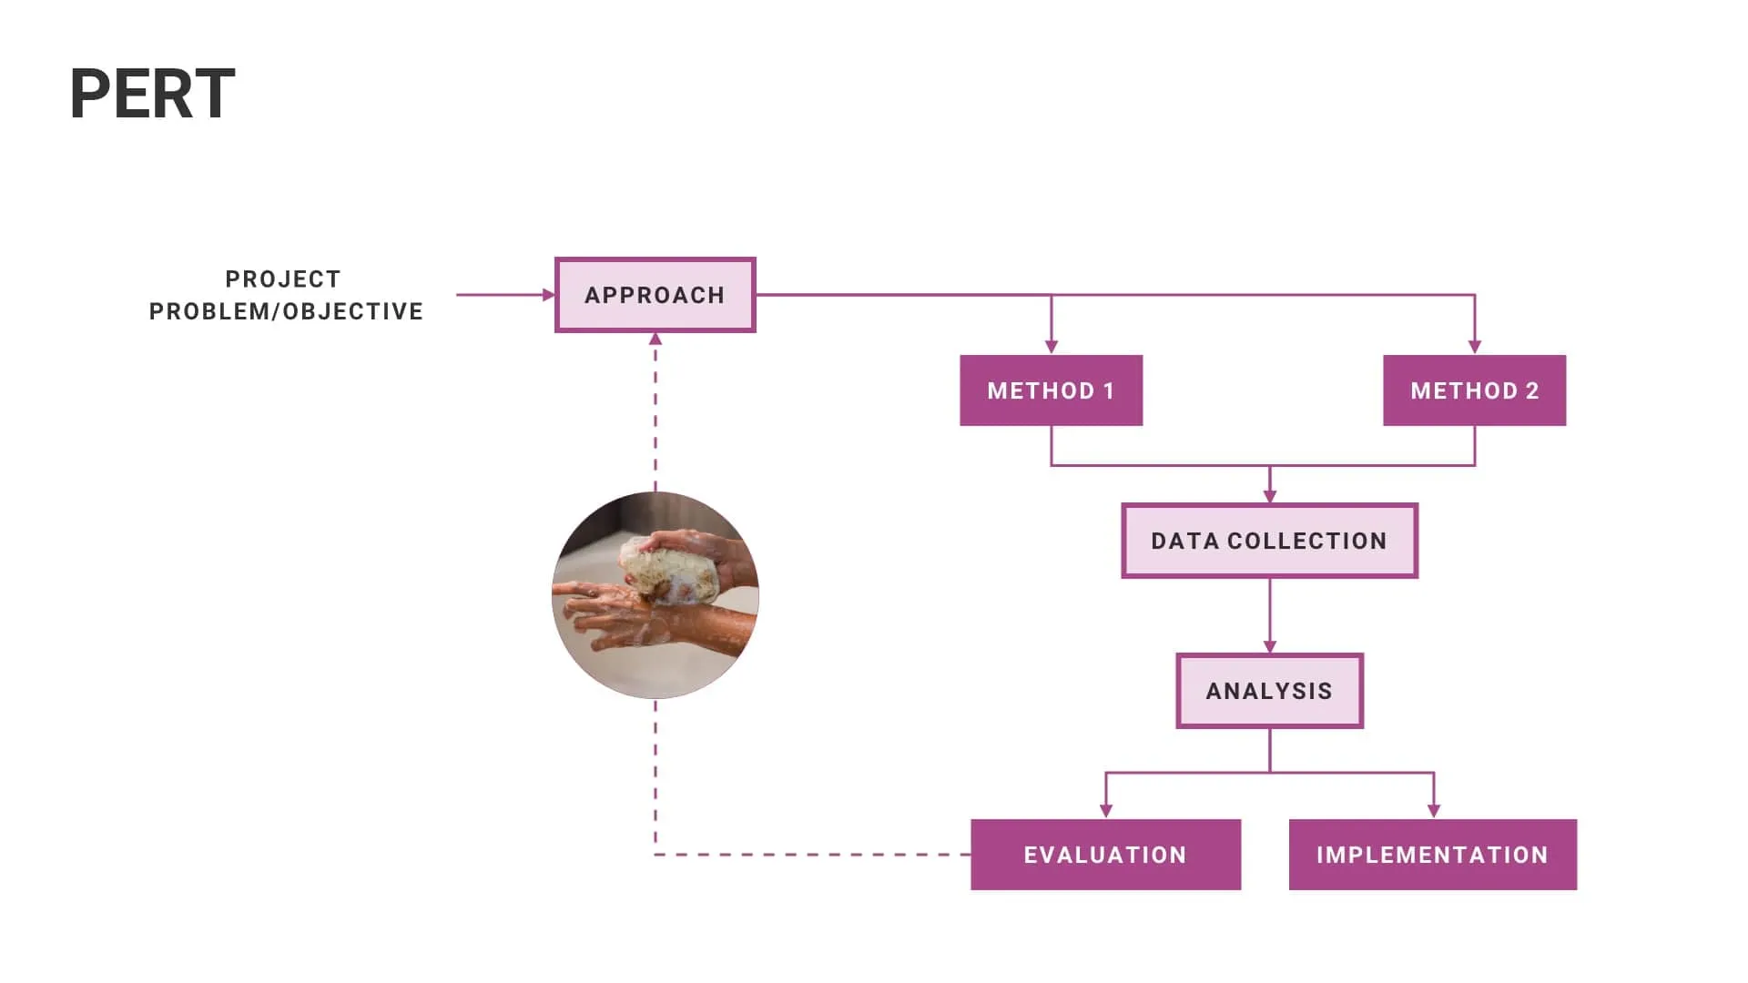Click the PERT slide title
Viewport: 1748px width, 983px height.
click(152, 95)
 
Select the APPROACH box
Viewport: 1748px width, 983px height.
click(655, 295)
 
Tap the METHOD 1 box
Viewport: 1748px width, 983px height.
click(1051, 390)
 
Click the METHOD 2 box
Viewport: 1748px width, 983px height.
click(1474, 390)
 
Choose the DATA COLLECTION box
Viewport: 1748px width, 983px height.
click(1269, 541)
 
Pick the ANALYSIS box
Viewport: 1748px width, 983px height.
click(1269, 691)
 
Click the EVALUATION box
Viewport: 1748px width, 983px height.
click(1105, 855)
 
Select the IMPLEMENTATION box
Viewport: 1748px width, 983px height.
click(1432, 855)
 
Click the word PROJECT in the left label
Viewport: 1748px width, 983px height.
click(283, 279)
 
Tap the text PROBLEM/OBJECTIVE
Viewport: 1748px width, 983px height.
click(286, 311)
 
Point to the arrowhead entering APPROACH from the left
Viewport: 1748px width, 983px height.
click(548, 295)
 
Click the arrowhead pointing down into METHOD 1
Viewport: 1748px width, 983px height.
click(1052, 347)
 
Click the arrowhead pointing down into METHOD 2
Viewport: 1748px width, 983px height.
click(1475, 347)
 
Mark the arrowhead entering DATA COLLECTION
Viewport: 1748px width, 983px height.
click(1270, 496)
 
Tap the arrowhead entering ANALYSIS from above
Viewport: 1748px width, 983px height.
click(1270, 646)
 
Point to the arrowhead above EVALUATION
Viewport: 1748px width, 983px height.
click(1106, 811)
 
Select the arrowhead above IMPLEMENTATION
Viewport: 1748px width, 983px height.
click(1434, 811)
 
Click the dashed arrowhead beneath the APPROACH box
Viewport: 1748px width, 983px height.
click(655, 339)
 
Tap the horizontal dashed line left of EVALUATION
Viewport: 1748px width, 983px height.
click(810, 855)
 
